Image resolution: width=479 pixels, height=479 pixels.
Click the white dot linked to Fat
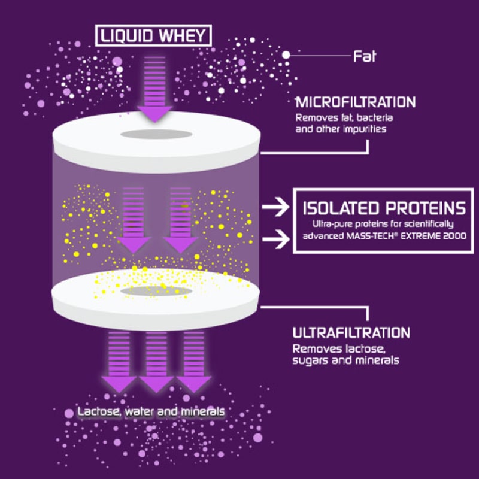[x=286, y=55]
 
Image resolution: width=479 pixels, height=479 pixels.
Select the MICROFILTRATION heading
[x=356, y=102]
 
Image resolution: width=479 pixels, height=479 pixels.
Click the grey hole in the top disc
[x=154, y=133]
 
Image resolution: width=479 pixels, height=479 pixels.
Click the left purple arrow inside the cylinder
[x=133, y=222]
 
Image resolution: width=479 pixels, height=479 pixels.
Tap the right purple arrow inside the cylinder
[x=180, y=222]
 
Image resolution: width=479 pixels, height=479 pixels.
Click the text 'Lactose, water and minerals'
[x=151, y=412]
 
